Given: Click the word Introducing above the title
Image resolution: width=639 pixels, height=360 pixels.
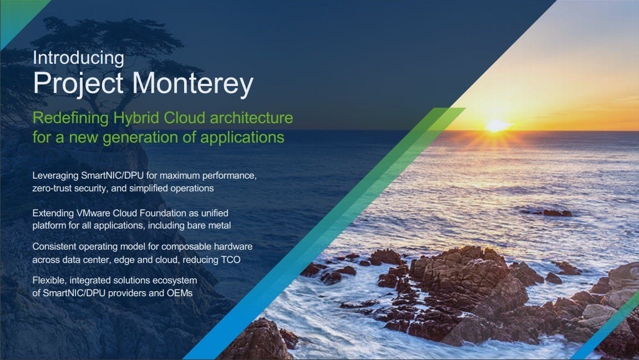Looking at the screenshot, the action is click(x=78, y=58).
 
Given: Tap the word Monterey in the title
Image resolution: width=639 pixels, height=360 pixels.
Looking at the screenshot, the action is click(x=192, y=84).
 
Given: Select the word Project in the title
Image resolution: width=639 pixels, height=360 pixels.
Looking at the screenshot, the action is click(x=78, y=84).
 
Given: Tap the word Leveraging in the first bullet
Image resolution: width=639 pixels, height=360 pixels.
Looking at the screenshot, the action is click(x=55, y=176).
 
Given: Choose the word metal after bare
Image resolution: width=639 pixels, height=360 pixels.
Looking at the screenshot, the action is click(x=220, y=225).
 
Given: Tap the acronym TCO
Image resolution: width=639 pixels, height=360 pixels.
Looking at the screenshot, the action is click(x=231, y=260).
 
